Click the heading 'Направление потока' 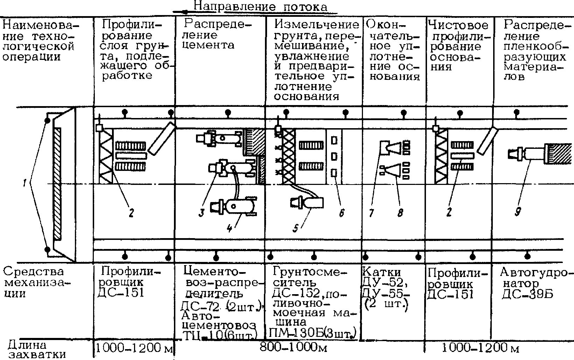point(260,6)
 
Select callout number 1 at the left point(25,183)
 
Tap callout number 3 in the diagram point(201,213)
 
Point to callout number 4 point(229,228)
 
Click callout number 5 point(296,228)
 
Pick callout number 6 point(342,212)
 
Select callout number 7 point(371,212)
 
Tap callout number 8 point(400,212)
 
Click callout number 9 point(518,212)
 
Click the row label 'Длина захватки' point(37,349)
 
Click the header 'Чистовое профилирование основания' point(458,46)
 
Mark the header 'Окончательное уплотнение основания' point(393,51)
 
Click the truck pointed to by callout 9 point(532,154)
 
